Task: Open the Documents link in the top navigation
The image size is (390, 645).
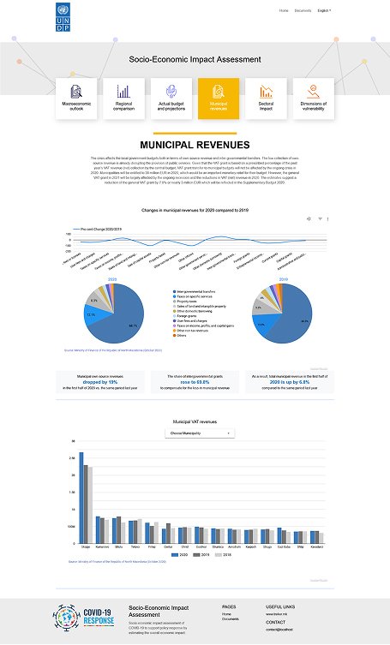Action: click(x=303, y=10)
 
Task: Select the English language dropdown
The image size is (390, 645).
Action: click(x=324, y=10)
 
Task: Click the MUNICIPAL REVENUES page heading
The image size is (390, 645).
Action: click(x=195, y=145)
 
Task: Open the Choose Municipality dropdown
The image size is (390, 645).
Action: click(x=199, y=433)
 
